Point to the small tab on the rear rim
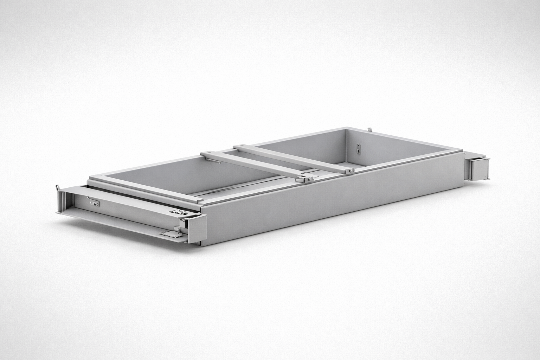(369, 130)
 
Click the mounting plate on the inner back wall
(358, 149)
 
